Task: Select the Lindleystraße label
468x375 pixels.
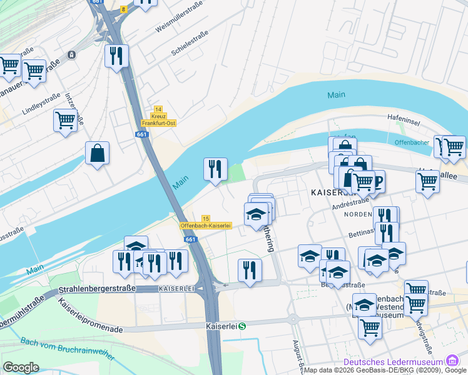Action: [x=41, y=104]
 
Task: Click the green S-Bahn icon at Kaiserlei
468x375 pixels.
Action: [x=242, y=326]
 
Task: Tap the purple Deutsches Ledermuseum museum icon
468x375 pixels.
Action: [x=452, y=362]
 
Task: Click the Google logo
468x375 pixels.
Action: [x=21, y=367]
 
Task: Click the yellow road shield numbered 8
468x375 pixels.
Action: [x=123, y=9]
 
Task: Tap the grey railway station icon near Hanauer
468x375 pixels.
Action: [x=72, y=55]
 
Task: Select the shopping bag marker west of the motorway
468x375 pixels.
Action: [x=98, y=153]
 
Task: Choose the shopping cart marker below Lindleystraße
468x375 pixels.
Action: [x=65, y=119]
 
